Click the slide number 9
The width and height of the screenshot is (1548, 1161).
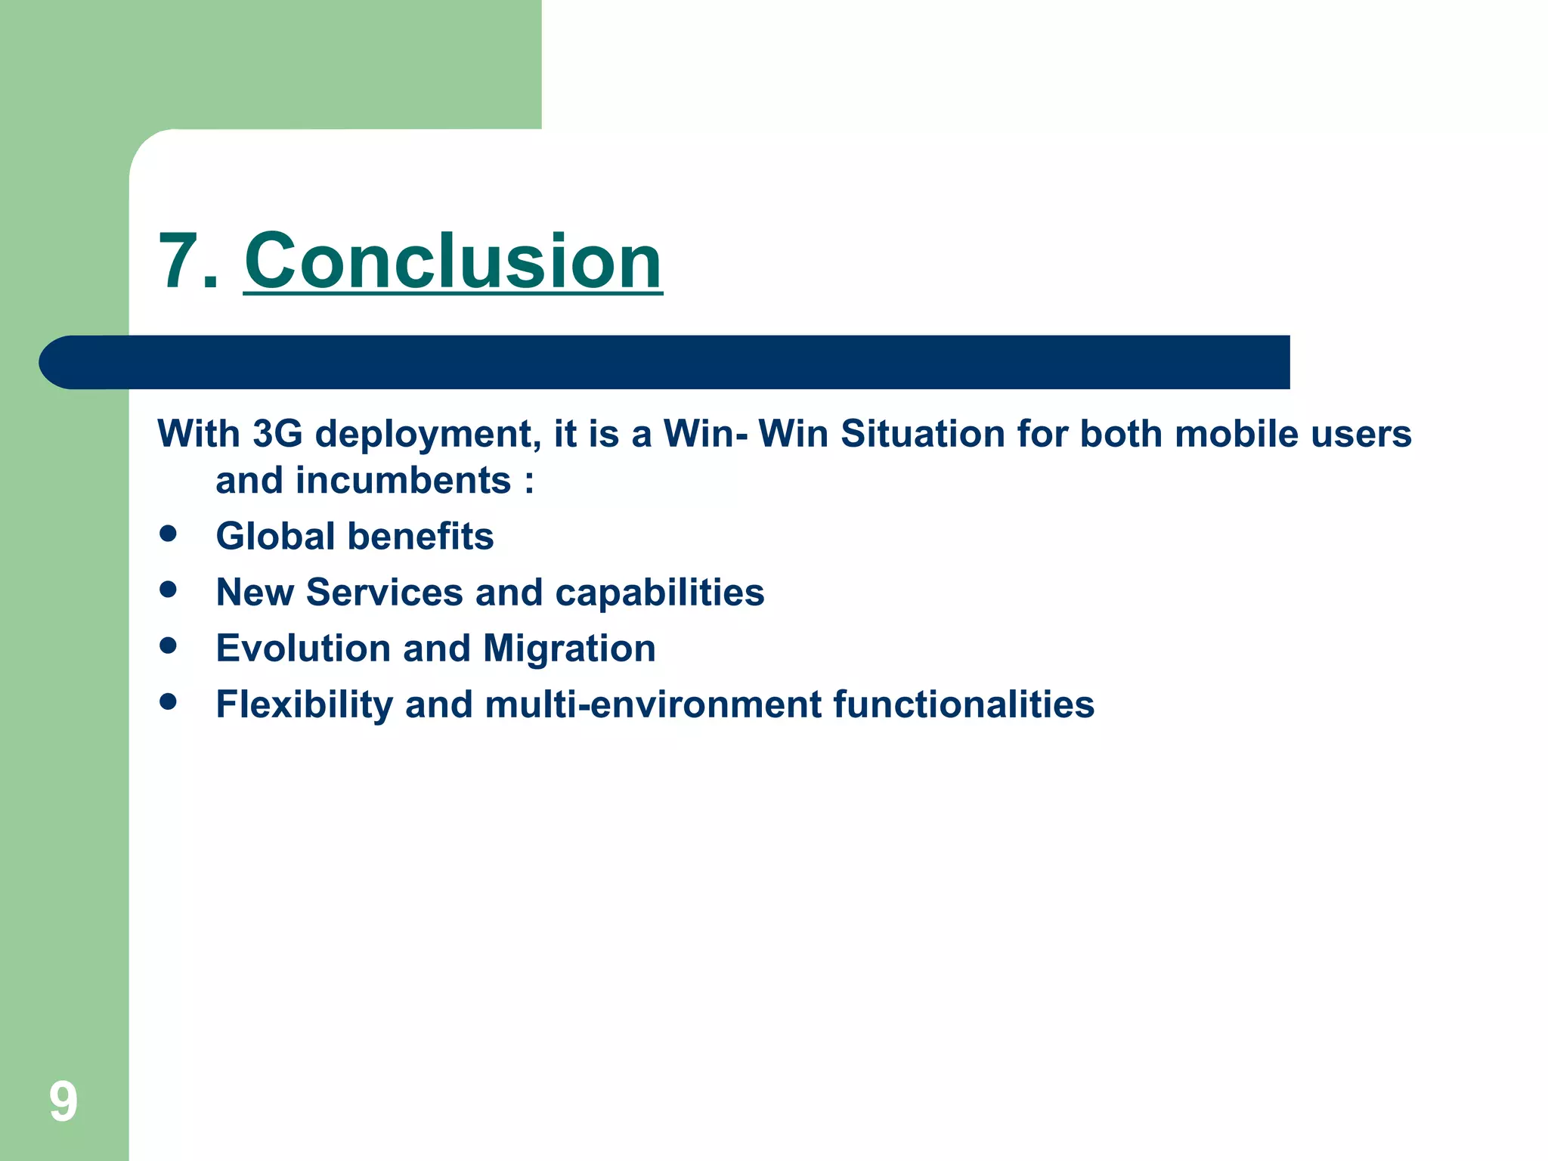(x=63, y=1101)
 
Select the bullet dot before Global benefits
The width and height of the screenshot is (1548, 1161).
(x=168, y=534)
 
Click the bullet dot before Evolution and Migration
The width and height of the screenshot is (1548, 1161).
(x=168, y=646)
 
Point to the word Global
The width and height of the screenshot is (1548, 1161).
(x=275, y=537)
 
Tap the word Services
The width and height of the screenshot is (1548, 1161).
(x=384, y=593)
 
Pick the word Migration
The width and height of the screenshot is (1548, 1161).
(x=569, y=649)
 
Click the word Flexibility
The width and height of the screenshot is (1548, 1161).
(x=304, y=704)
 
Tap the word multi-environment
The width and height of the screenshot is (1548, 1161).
(x=653, y=704)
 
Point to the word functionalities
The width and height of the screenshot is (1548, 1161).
(x=964, y=704)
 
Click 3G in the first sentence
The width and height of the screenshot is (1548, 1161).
(x=277, y=434)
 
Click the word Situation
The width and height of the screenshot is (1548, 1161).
(x=922, y=434)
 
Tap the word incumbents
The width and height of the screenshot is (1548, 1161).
(x=403, y=481)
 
